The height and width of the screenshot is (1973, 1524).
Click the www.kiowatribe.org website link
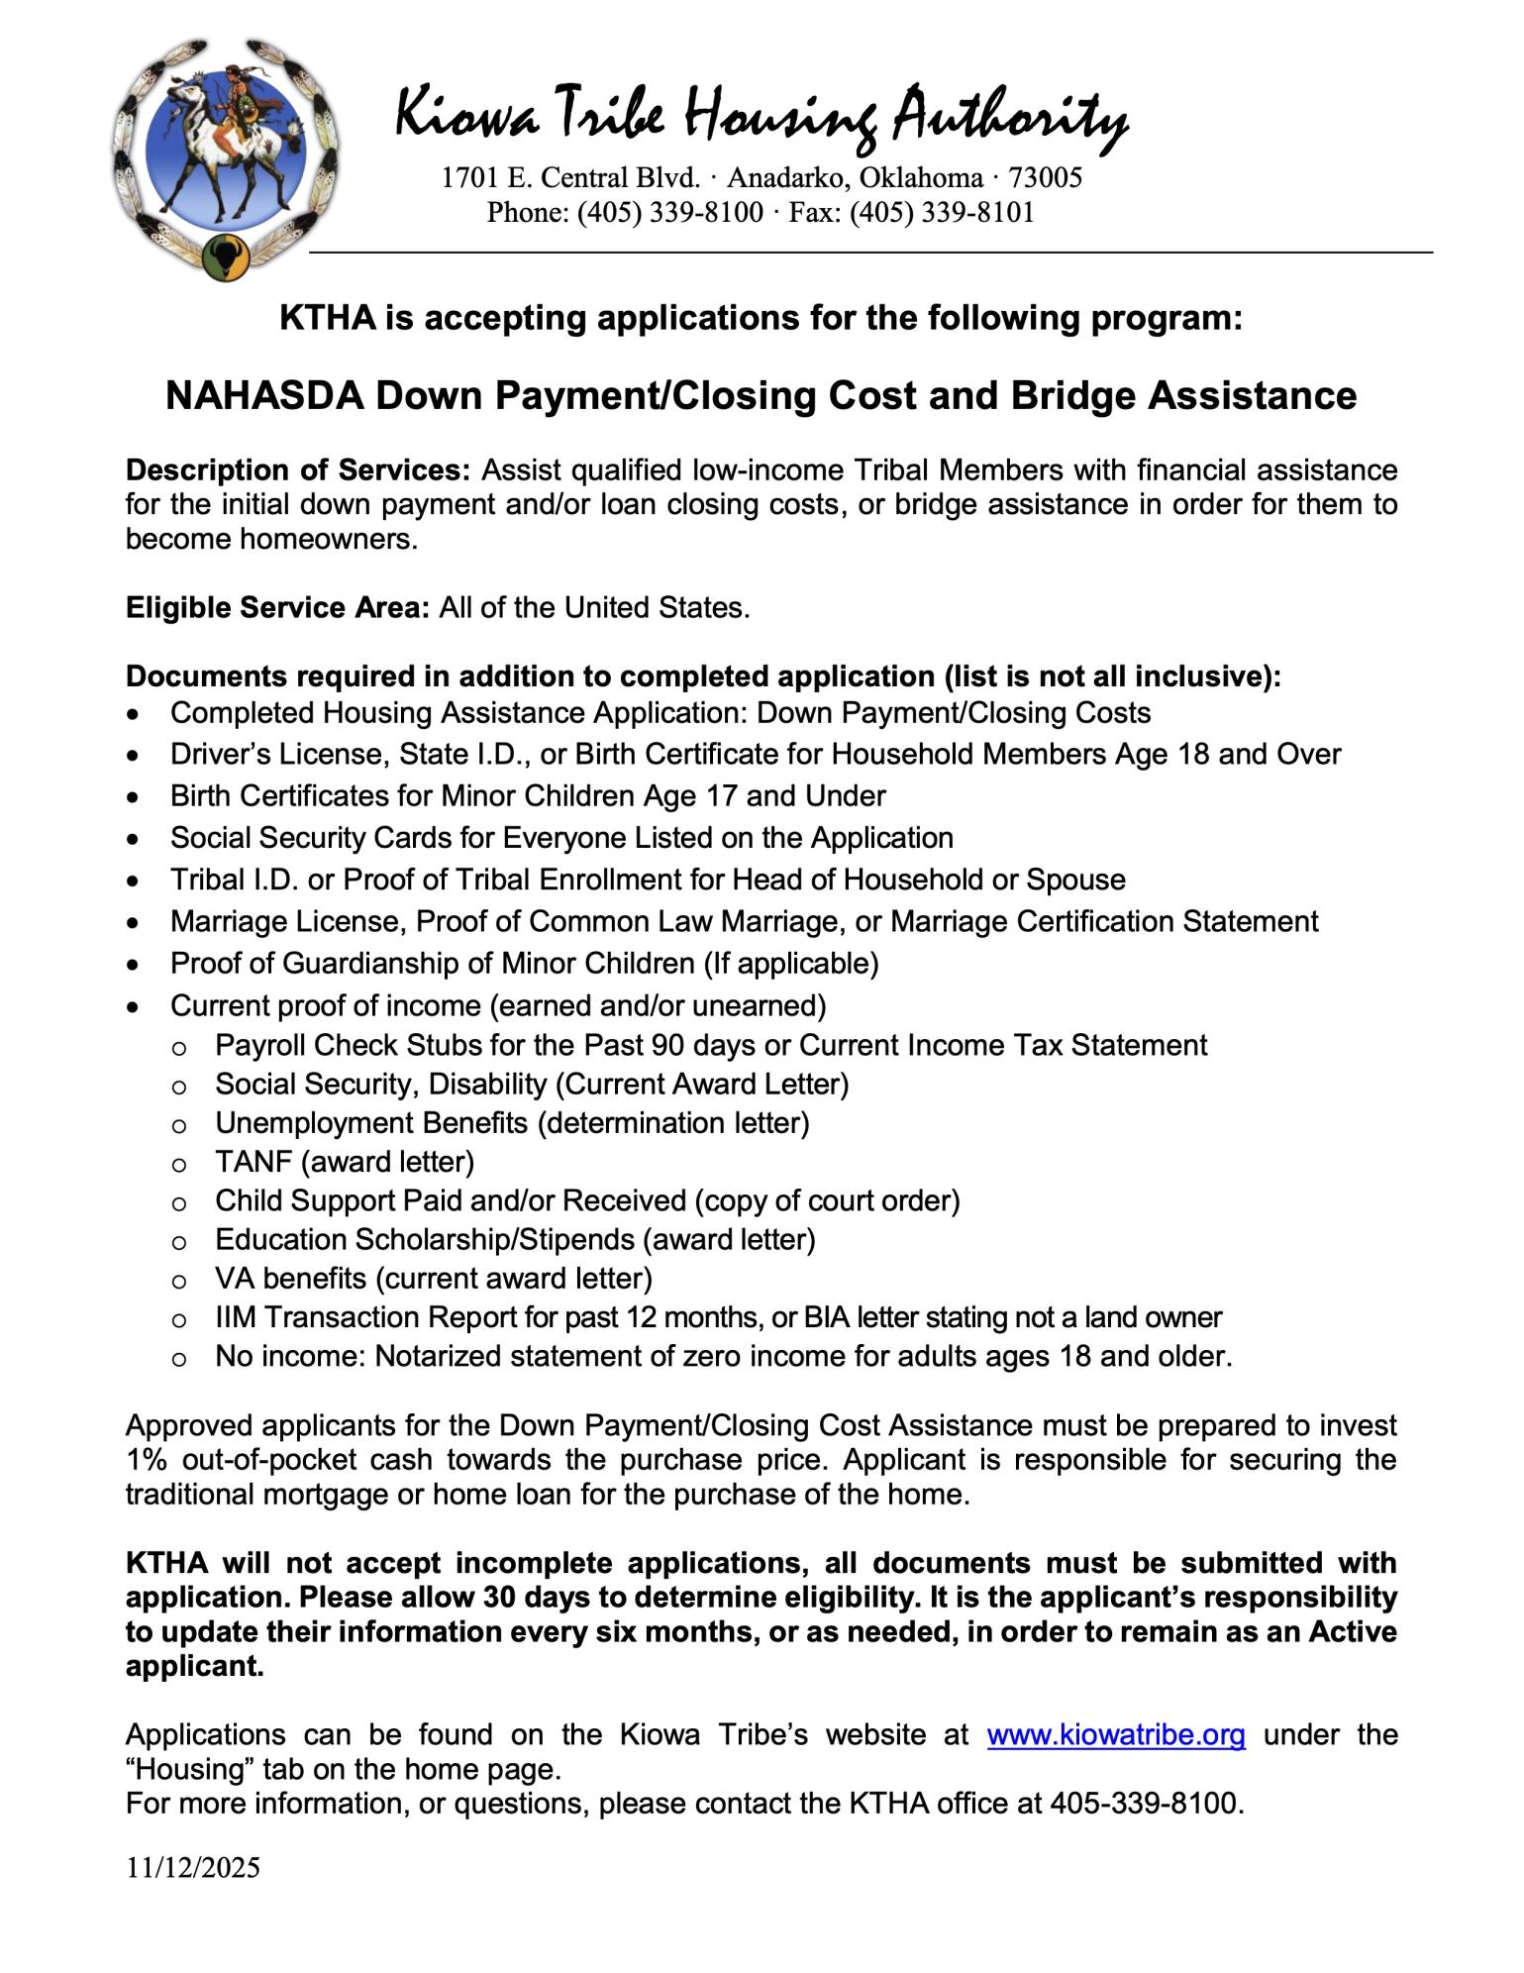[x=1115, y=1734]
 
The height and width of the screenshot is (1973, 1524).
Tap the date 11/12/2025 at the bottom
[x=192, y=1867]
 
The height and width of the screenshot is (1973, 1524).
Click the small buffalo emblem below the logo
[x=226, y=256]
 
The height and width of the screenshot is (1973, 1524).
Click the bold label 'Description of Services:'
[x=298, y=469]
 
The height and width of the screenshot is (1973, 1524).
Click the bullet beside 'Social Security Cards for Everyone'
[x=134, y=839]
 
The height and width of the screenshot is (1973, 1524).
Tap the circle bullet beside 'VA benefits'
[x=179, y=1280]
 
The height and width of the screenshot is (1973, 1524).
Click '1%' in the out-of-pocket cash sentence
[x=145, y=1460]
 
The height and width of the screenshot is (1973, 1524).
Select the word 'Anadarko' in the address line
[x=786, y=177]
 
